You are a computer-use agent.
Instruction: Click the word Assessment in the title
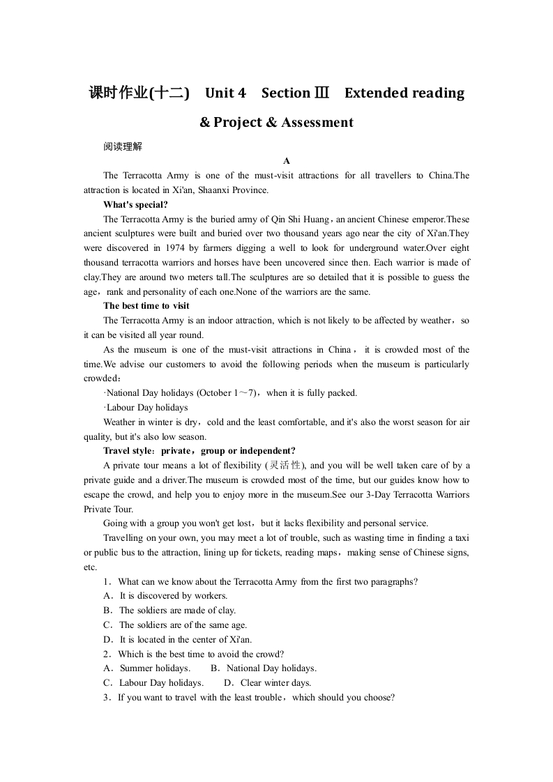pyautogui.click(x=317, y=123)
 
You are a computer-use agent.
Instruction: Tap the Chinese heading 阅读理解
pyautogui.click(x=123, y=146)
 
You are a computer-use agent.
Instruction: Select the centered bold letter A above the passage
pyautogui.click(x=276, y=161)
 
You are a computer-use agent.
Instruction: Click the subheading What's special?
pyautogui.click(x=135, y=204)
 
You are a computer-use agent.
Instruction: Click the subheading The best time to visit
pyautogui.click(x=146, y=306)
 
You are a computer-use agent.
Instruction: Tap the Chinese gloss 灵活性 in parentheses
pyautogui.click(x=285, y=466)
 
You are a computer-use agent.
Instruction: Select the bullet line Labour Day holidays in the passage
pyautogui.click(x=146, y=408)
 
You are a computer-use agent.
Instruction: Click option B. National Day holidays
pyautogui.click(x=263, y=668)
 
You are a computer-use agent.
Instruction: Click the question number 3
pyautogui.click(x=106, y=698)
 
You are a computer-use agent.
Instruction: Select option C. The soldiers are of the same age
pyautogui.click(x=175, y=625)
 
